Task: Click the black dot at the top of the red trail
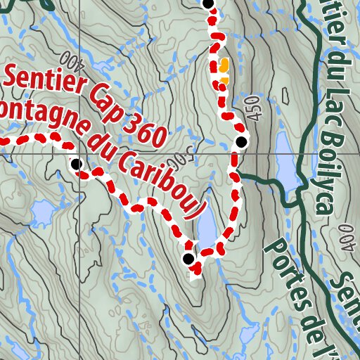tap(207, 4)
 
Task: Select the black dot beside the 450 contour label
tap(241, 142)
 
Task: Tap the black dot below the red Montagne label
tap(76, 164)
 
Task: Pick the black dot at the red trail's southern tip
tap(188, 259)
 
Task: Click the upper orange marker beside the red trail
tap(224, 65)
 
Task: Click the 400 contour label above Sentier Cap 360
tap(70, 60)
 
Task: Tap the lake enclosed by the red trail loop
tap(207, 229)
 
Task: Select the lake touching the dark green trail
tap(286, 162)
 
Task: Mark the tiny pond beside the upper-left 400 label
tap(98, 67)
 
